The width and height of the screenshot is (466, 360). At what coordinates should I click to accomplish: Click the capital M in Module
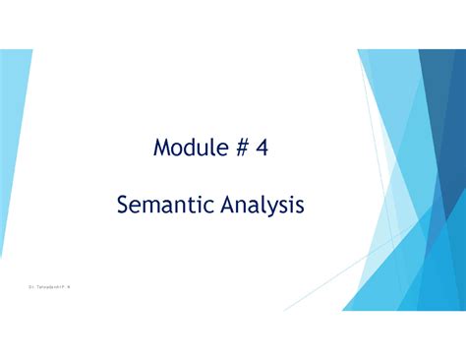click(x=160, y=150)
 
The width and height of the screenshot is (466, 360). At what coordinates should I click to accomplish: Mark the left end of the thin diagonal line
click(x=286, y=310)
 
